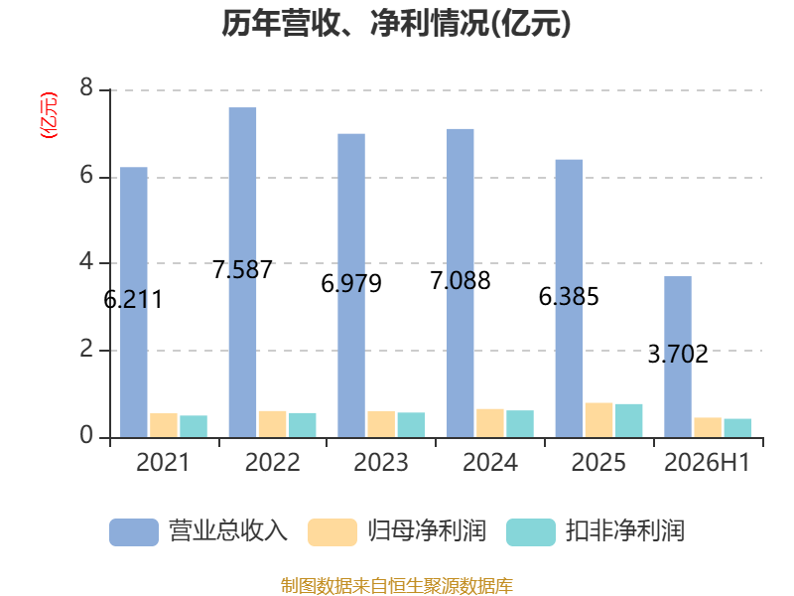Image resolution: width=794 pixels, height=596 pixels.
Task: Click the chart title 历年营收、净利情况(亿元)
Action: tap(396, 24)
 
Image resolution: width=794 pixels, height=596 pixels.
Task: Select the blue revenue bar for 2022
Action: tap(242, 272)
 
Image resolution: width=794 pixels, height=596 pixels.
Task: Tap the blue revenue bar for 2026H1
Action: tap(678, 357)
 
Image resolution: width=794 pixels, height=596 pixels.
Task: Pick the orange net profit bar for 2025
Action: tap(599, 420)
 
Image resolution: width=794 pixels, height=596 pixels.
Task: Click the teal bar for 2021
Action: tap(194, 426)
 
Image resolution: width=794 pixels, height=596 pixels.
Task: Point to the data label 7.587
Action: tap(242, 269)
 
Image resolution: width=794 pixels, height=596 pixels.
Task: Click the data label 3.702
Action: tap(678, 354)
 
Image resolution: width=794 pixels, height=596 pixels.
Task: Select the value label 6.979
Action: tap(351, 283)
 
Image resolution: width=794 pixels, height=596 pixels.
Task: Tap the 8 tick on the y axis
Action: tap(86, 88)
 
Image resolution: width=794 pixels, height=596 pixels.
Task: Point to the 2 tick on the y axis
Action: tap(86, 350)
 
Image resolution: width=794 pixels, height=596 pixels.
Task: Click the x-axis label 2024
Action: tap(490, 462)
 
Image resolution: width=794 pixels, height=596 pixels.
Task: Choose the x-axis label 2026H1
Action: tap(707, 462)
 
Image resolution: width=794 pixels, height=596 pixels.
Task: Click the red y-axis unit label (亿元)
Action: tap(49, 115)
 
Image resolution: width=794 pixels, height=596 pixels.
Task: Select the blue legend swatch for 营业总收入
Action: tap(134, 532)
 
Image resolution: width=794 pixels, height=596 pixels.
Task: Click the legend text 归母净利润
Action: tap(427, 531)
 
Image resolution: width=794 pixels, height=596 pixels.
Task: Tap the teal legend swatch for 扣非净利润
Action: tap(531, 532)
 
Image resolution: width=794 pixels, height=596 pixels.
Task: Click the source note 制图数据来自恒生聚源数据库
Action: tap(397, 585)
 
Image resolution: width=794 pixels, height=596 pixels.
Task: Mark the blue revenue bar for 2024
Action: tap(461, 283)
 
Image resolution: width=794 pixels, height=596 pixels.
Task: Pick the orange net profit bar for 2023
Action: tap(381, 424)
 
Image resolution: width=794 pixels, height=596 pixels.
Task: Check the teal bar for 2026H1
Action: tap(737, 428)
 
